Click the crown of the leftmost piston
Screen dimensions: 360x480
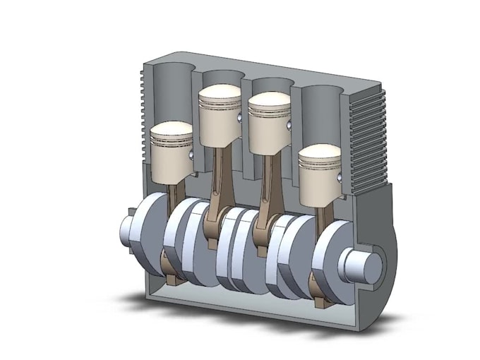[x=172, y=131]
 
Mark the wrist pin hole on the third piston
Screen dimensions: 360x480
[x=290, y=126]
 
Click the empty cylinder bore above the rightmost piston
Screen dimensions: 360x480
[x=321, y=113]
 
